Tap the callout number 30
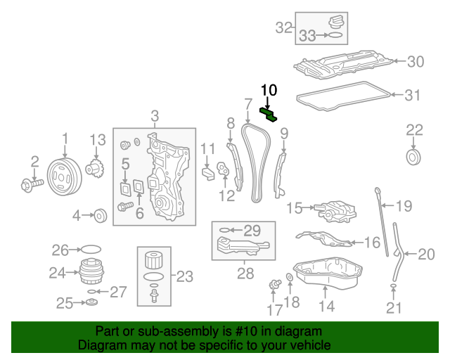coord(416,62)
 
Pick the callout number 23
coord(184,276)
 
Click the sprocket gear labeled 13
coord(95,169)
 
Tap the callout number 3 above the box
coord(155,116)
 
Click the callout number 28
coord(245,274)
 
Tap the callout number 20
coord(427,254)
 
